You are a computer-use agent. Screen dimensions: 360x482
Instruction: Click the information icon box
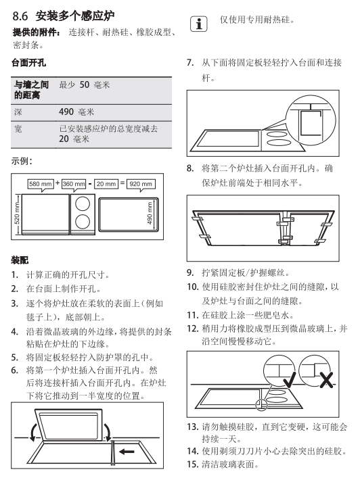(x=198, y=24)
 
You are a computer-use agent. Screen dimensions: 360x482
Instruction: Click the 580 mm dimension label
(x=41, y=184)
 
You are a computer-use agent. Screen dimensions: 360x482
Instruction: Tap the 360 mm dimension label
(x=74, y=184)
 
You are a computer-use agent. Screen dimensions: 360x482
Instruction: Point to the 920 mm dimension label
(x=141, y=184)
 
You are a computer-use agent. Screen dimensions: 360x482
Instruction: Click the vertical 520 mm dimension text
(x=17, y=214)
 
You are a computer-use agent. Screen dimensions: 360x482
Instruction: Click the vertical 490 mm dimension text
(x=150, y=213)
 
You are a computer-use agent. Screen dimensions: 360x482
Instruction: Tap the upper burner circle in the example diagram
(x=83, y=203)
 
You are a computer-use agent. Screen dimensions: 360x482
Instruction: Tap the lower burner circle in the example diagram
(x=83, y=222)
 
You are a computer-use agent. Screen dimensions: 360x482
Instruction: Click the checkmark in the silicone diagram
(x=289, y=380)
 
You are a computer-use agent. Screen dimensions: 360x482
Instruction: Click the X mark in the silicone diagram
(x=326, y=380)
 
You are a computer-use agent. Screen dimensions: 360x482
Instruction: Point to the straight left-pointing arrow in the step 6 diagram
(x=127, y=452)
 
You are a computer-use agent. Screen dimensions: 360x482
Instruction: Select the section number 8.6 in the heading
(x=20, y=16)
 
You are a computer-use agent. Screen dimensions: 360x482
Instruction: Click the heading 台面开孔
(x=28, y=63)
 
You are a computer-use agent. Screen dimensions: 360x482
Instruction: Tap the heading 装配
(x=20, y=260)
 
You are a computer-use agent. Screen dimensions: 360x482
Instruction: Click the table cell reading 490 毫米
(x=76, y=112)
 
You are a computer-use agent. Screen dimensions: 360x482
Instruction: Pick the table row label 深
(x=18, y=112)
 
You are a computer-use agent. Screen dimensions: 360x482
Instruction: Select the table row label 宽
(x=18, y=129)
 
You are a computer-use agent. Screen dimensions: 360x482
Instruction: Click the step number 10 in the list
(x=192, y=287)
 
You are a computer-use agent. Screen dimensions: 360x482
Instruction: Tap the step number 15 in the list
(x=192, y=464)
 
